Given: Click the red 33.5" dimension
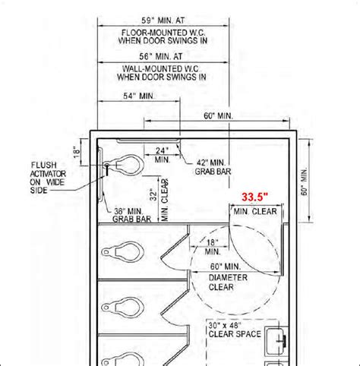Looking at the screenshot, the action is tap(254, 197).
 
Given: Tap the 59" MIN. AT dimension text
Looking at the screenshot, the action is tap(163, 21).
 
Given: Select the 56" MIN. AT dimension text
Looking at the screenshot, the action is tap(161, 56).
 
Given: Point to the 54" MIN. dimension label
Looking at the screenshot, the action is tap(139, 96).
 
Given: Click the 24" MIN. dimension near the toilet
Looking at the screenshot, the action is tap(162, 155).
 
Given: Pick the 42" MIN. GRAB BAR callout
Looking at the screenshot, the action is tap(213, 167).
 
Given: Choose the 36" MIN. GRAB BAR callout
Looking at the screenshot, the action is tap(131, 215).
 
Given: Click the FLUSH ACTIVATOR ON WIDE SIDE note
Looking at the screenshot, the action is tap(48, 178).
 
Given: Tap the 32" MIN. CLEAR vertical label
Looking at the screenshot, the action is tap(159, 200).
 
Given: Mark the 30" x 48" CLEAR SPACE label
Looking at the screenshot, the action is tap(235, 330).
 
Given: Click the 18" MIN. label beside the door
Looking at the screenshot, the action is tap(213, 247).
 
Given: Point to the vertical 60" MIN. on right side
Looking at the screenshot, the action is tap(304, 181).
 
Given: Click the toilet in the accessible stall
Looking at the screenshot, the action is tap(123, 166).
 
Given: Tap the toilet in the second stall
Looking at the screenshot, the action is tap(123, 251).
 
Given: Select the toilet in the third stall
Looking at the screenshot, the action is tap(123, 308).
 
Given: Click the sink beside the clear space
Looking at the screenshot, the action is tap(276, 341).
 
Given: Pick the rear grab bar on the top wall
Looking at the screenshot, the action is tap(148, 140).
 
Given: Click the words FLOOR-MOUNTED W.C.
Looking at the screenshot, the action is tap(163, 33).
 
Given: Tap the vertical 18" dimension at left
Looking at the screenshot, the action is tap(77, 152).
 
